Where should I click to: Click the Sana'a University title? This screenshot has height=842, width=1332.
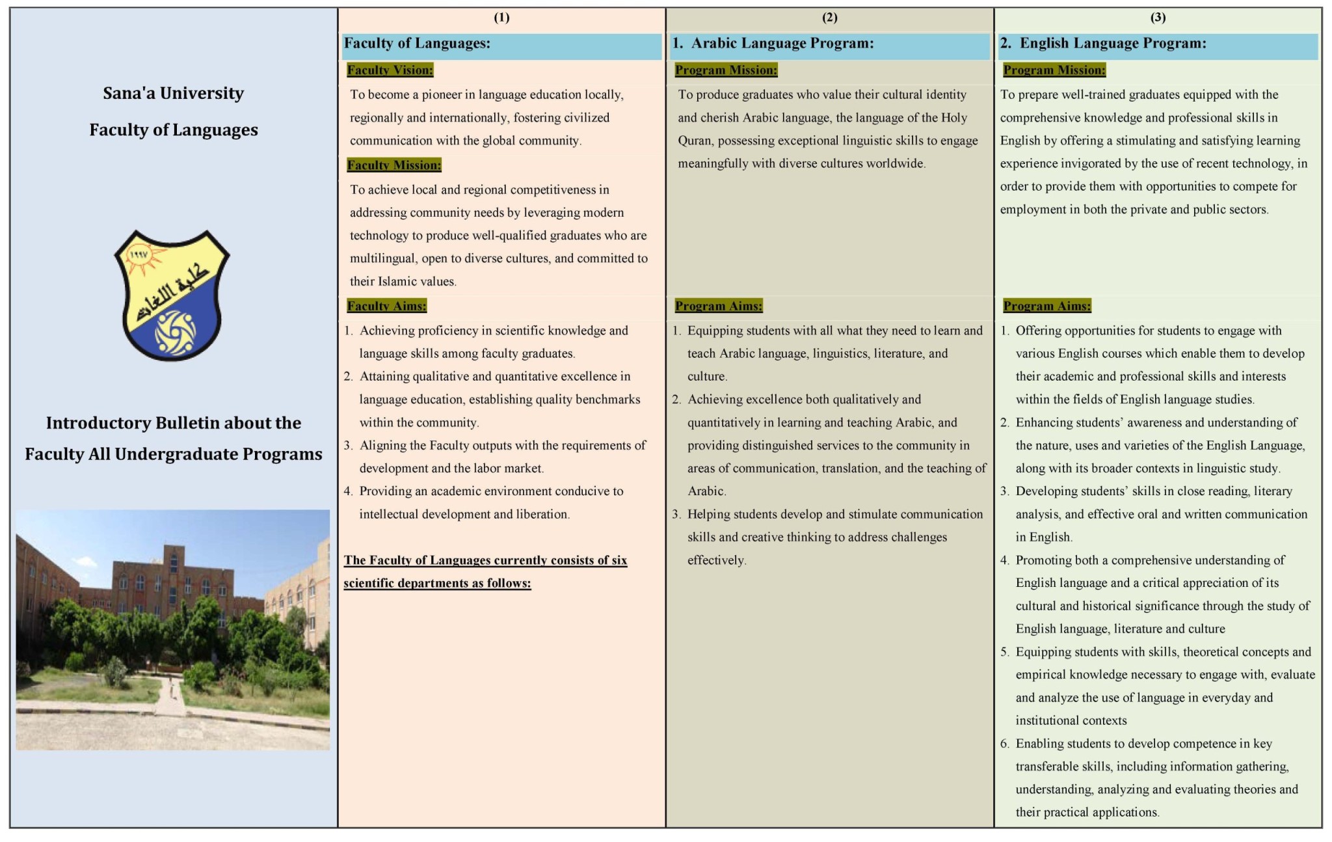pyautogui.click(x=173, y=93)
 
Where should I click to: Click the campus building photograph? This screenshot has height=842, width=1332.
pyautogui.click(x=173, y=629)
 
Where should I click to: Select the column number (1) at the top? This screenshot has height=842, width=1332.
pyautogui.click(x=501, y=18)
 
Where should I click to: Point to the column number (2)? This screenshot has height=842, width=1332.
pyautogui.click(x=829, y=18)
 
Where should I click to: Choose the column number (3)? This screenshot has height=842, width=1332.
pyautogui.click(x=1158, y=18)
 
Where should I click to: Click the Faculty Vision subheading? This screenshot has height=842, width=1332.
pyautogui.click(x=390, y=70)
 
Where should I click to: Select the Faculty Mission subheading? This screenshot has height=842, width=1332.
pyautogui.click(x=393, y=165)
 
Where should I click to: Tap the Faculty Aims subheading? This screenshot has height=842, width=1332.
pyautogui.click(x=386, y=306)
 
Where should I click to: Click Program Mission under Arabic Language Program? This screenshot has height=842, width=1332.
pyautogui.click(x=726, y=70)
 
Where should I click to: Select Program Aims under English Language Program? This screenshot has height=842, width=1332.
pyautogui.click(x=1046, y=306)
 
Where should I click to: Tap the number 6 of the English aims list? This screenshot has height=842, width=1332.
pyautogui.click(x=1005, y=744)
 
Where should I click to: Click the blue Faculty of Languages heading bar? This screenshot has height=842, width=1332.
pyautogui.click(x=501, y=44)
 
